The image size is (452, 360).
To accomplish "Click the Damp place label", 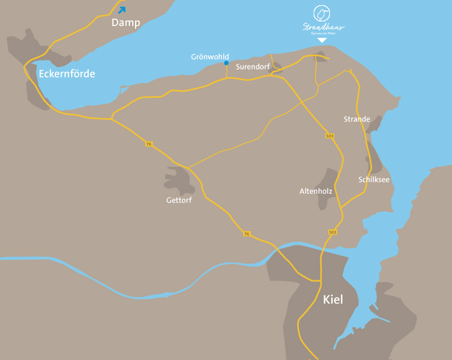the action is point(125,23).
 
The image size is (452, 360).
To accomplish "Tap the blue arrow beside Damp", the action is point(122,9).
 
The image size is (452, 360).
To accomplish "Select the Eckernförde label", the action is point(67,73).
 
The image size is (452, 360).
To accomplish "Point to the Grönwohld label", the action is point(210,57).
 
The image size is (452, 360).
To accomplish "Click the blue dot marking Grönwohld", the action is point(226,63).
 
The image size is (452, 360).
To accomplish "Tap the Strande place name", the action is point(357,119).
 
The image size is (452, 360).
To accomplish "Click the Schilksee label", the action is point(373,180).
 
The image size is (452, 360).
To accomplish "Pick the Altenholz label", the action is point(315,192).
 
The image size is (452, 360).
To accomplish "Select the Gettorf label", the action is point(179,200).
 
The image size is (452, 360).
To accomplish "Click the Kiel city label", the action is point(333,300).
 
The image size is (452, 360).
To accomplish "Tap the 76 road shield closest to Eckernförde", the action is point(149,144).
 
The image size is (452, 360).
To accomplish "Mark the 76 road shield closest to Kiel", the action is point(247,233).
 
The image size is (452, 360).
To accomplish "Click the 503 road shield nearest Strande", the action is point(329,136).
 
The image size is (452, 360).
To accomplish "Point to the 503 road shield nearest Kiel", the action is point(332,232).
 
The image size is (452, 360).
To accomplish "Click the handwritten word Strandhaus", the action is point(323,27).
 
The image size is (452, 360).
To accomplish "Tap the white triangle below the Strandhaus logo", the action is point(322,40).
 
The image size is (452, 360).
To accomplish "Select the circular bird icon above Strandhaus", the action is point(322,13).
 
